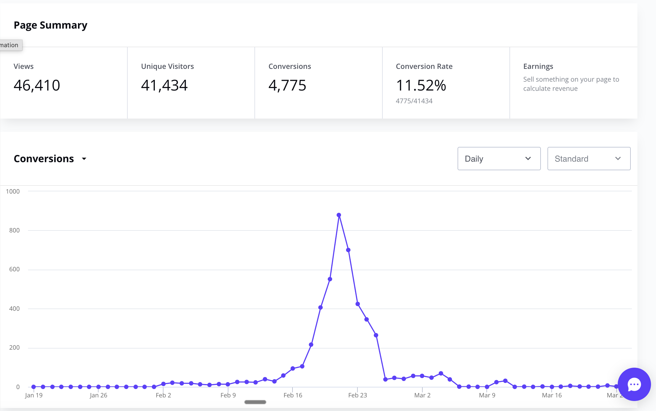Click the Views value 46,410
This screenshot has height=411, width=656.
(x=37, y=85)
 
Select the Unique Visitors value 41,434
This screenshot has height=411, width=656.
(x=164, y=85)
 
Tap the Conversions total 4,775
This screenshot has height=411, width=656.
(x=287, y=85)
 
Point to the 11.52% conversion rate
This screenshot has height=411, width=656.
(x=421, y=85)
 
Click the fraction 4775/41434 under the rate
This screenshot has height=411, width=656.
(x=414, y=101)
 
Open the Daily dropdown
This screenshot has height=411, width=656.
(x=499, y=159)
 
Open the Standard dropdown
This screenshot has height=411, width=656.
(x=589, y=159)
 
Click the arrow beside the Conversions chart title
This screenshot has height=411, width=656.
(x=84, y=159)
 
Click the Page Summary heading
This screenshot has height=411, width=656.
(x=51, y=25)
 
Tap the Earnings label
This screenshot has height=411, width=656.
(x=538, y=66)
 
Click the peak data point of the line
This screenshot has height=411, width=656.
(x=339, y=215)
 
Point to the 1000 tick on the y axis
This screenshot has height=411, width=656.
(x=13, y=191)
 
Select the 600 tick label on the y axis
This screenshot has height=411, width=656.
(x=14, y=269)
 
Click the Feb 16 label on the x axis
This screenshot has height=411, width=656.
(x=293, y=395)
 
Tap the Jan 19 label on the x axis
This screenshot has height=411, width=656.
(x=34, y=395)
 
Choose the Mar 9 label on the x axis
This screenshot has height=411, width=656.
(x=487, y=395)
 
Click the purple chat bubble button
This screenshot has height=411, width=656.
(x=634, y=384)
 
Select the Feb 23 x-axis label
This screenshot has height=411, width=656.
(x=357, y=395)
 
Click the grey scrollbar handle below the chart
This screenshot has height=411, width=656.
(x=255, y=402)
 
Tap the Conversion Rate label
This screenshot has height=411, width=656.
(x=424, y=66)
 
